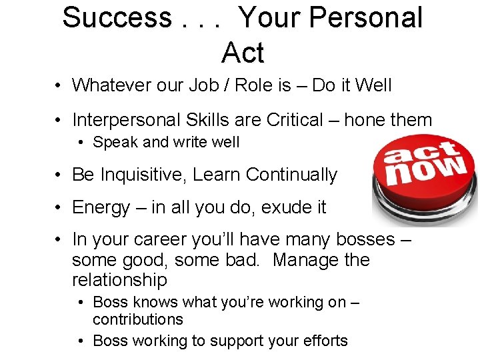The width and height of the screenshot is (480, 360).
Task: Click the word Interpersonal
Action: click(x=127, y=120)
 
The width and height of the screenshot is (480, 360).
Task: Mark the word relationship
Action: click(x=119, y=279)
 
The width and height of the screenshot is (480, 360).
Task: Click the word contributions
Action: click(x=138, y=319)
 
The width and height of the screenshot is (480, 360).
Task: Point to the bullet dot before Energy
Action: click(x=59, y=208)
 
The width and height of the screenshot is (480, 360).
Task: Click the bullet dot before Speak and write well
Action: click(x=81, y=143)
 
